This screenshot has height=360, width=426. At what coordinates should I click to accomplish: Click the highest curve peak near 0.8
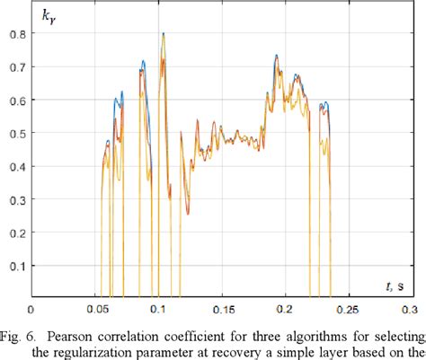[x=163, y=34]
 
